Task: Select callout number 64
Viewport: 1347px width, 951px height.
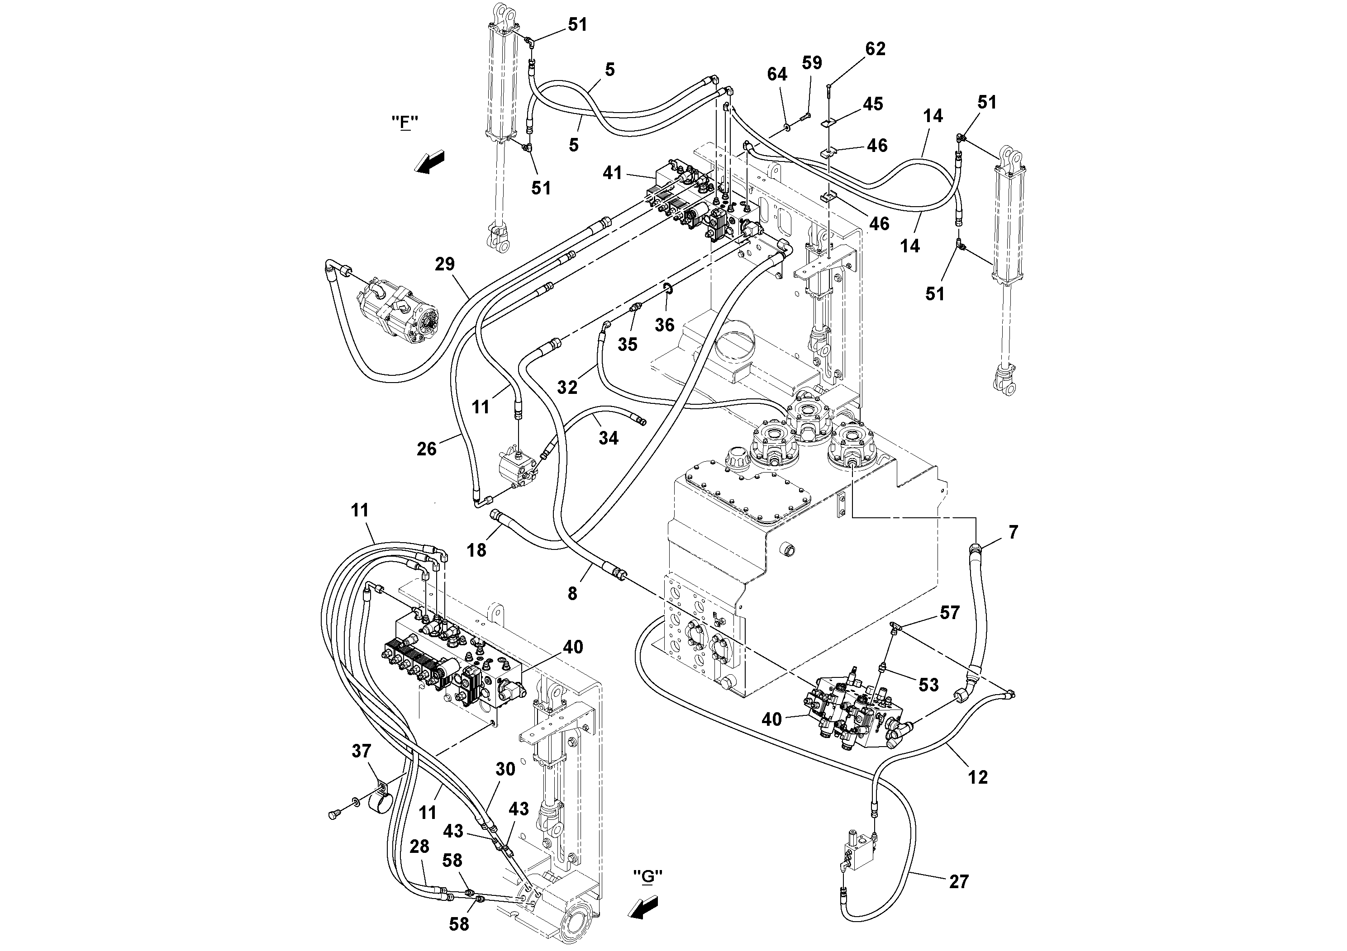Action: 777,75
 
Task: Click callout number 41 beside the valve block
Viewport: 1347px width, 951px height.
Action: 613,173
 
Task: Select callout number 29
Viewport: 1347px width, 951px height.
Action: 445,265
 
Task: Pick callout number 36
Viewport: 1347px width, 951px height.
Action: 665,325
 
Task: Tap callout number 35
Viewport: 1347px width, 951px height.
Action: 627,344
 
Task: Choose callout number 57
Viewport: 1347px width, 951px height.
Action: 949,613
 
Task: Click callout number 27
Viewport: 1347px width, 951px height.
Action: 959,881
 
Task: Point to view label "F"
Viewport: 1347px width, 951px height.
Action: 405,123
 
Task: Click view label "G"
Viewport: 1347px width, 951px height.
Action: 647,893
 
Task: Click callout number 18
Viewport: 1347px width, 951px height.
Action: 476,550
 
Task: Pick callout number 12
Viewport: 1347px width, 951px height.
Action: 977,777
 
